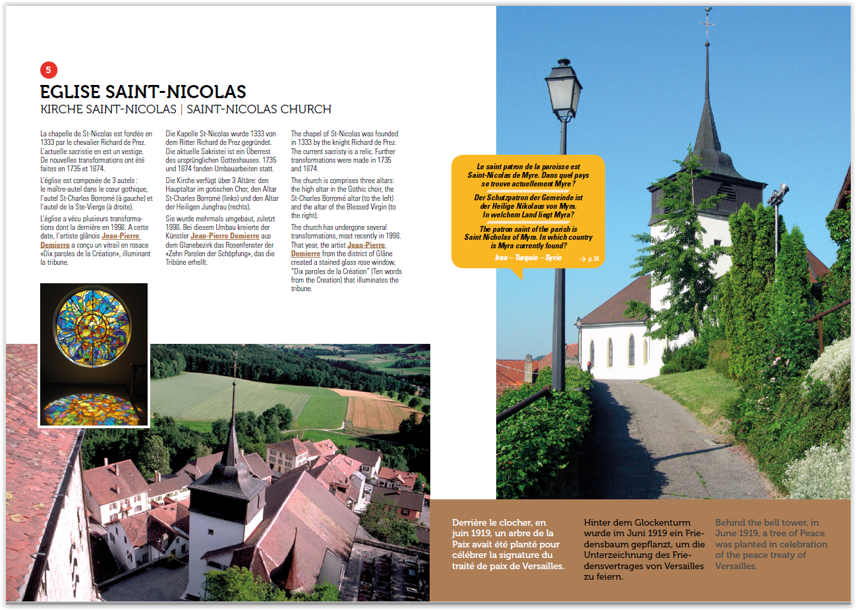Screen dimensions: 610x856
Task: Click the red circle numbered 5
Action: click(x=48, y=70)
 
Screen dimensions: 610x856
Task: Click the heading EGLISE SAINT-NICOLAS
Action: click(x=143, y=92)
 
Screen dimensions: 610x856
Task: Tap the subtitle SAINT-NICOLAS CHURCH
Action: click(x=259, y=109)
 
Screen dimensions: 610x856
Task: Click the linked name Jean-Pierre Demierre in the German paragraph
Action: click(x=225, y=236)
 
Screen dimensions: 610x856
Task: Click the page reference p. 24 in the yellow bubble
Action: click(x=590, y=259)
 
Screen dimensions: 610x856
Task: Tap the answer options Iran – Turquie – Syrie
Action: click(x=528, y=258)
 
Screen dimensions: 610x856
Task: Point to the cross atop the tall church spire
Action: click(x=708, y=23)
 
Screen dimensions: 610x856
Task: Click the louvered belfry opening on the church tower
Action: click(x=725, y=192)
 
